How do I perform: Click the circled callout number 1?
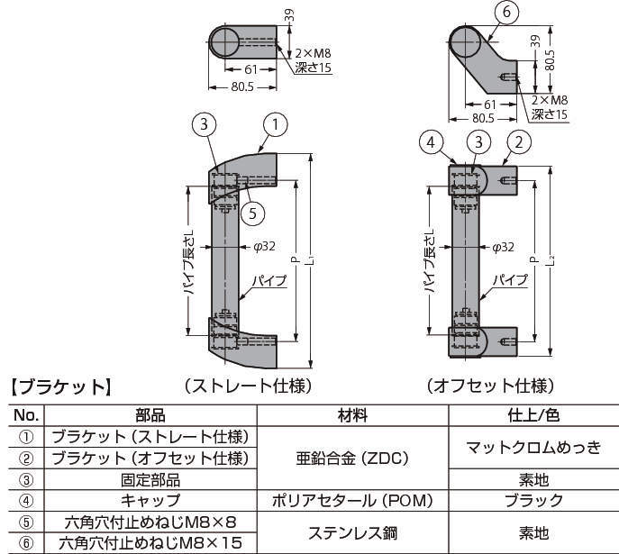coord(274,123)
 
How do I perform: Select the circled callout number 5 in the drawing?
coord(254,213)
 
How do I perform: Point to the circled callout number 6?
coord(506,12)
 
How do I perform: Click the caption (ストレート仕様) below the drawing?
coord(247,386)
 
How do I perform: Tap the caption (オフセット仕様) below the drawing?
coord(489,386)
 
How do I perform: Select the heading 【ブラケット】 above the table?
coord(59,388)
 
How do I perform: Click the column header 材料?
coord(352,415)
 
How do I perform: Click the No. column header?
coord(27,415)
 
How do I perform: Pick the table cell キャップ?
coord(150,501)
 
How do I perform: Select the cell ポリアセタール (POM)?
coord(352,501)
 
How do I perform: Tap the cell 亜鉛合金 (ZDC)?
coord(352,459)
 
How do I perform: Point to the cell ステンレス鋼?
coord(352,532)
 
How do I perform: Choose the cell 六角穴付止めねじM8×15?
coord(150,543)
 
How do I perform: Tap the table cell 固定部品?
coord(150,480)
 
